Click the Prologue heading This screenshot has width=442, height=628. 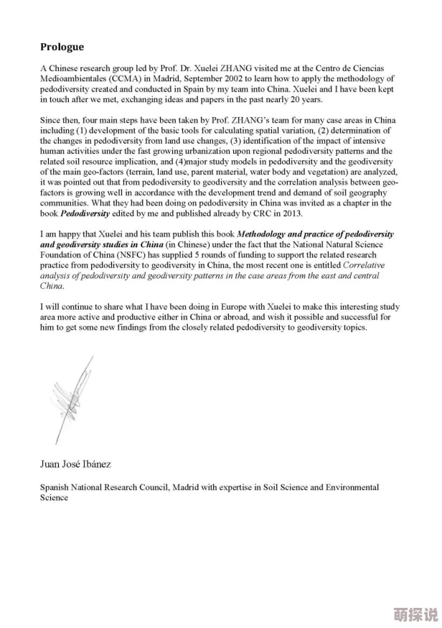coord(62,47)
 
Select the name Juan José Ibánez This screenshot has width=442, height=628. coord(75,464)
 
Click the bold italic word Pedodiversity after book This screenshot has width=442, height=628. coord(85,213)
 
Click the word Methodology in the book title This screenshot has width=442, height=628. coord(264,234)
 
